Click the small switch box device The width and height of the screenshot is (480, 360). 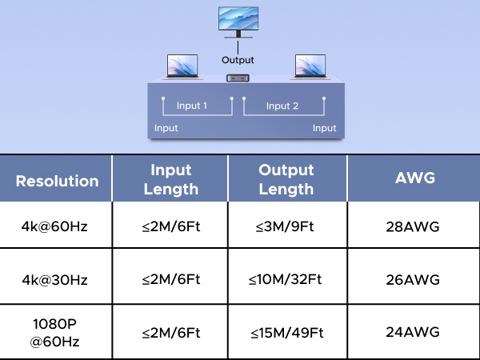pyautogui.click(x=238, y=78)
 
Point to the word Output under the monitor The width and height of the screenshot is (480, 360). pyautogui.click(x=238, y=60)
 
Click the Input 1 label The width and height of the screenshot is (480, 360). pyautogui.click(x=192, y=106)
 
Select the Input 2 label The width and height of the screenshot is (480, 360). pyautogui.click(x=282, y=106)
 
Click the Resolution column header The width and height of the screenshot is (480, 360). pyautogui.click(x=57, y=181)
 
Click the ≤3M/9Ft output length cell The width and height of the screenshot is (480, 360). pyautogui.click(x=286, y=226)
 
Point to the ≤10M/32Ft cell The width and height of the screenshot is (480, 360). pyautogui.click(x=286, y=280)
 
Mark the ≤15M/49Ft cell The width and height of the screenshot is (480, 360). pyautogui.click(x=286, y=332)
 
